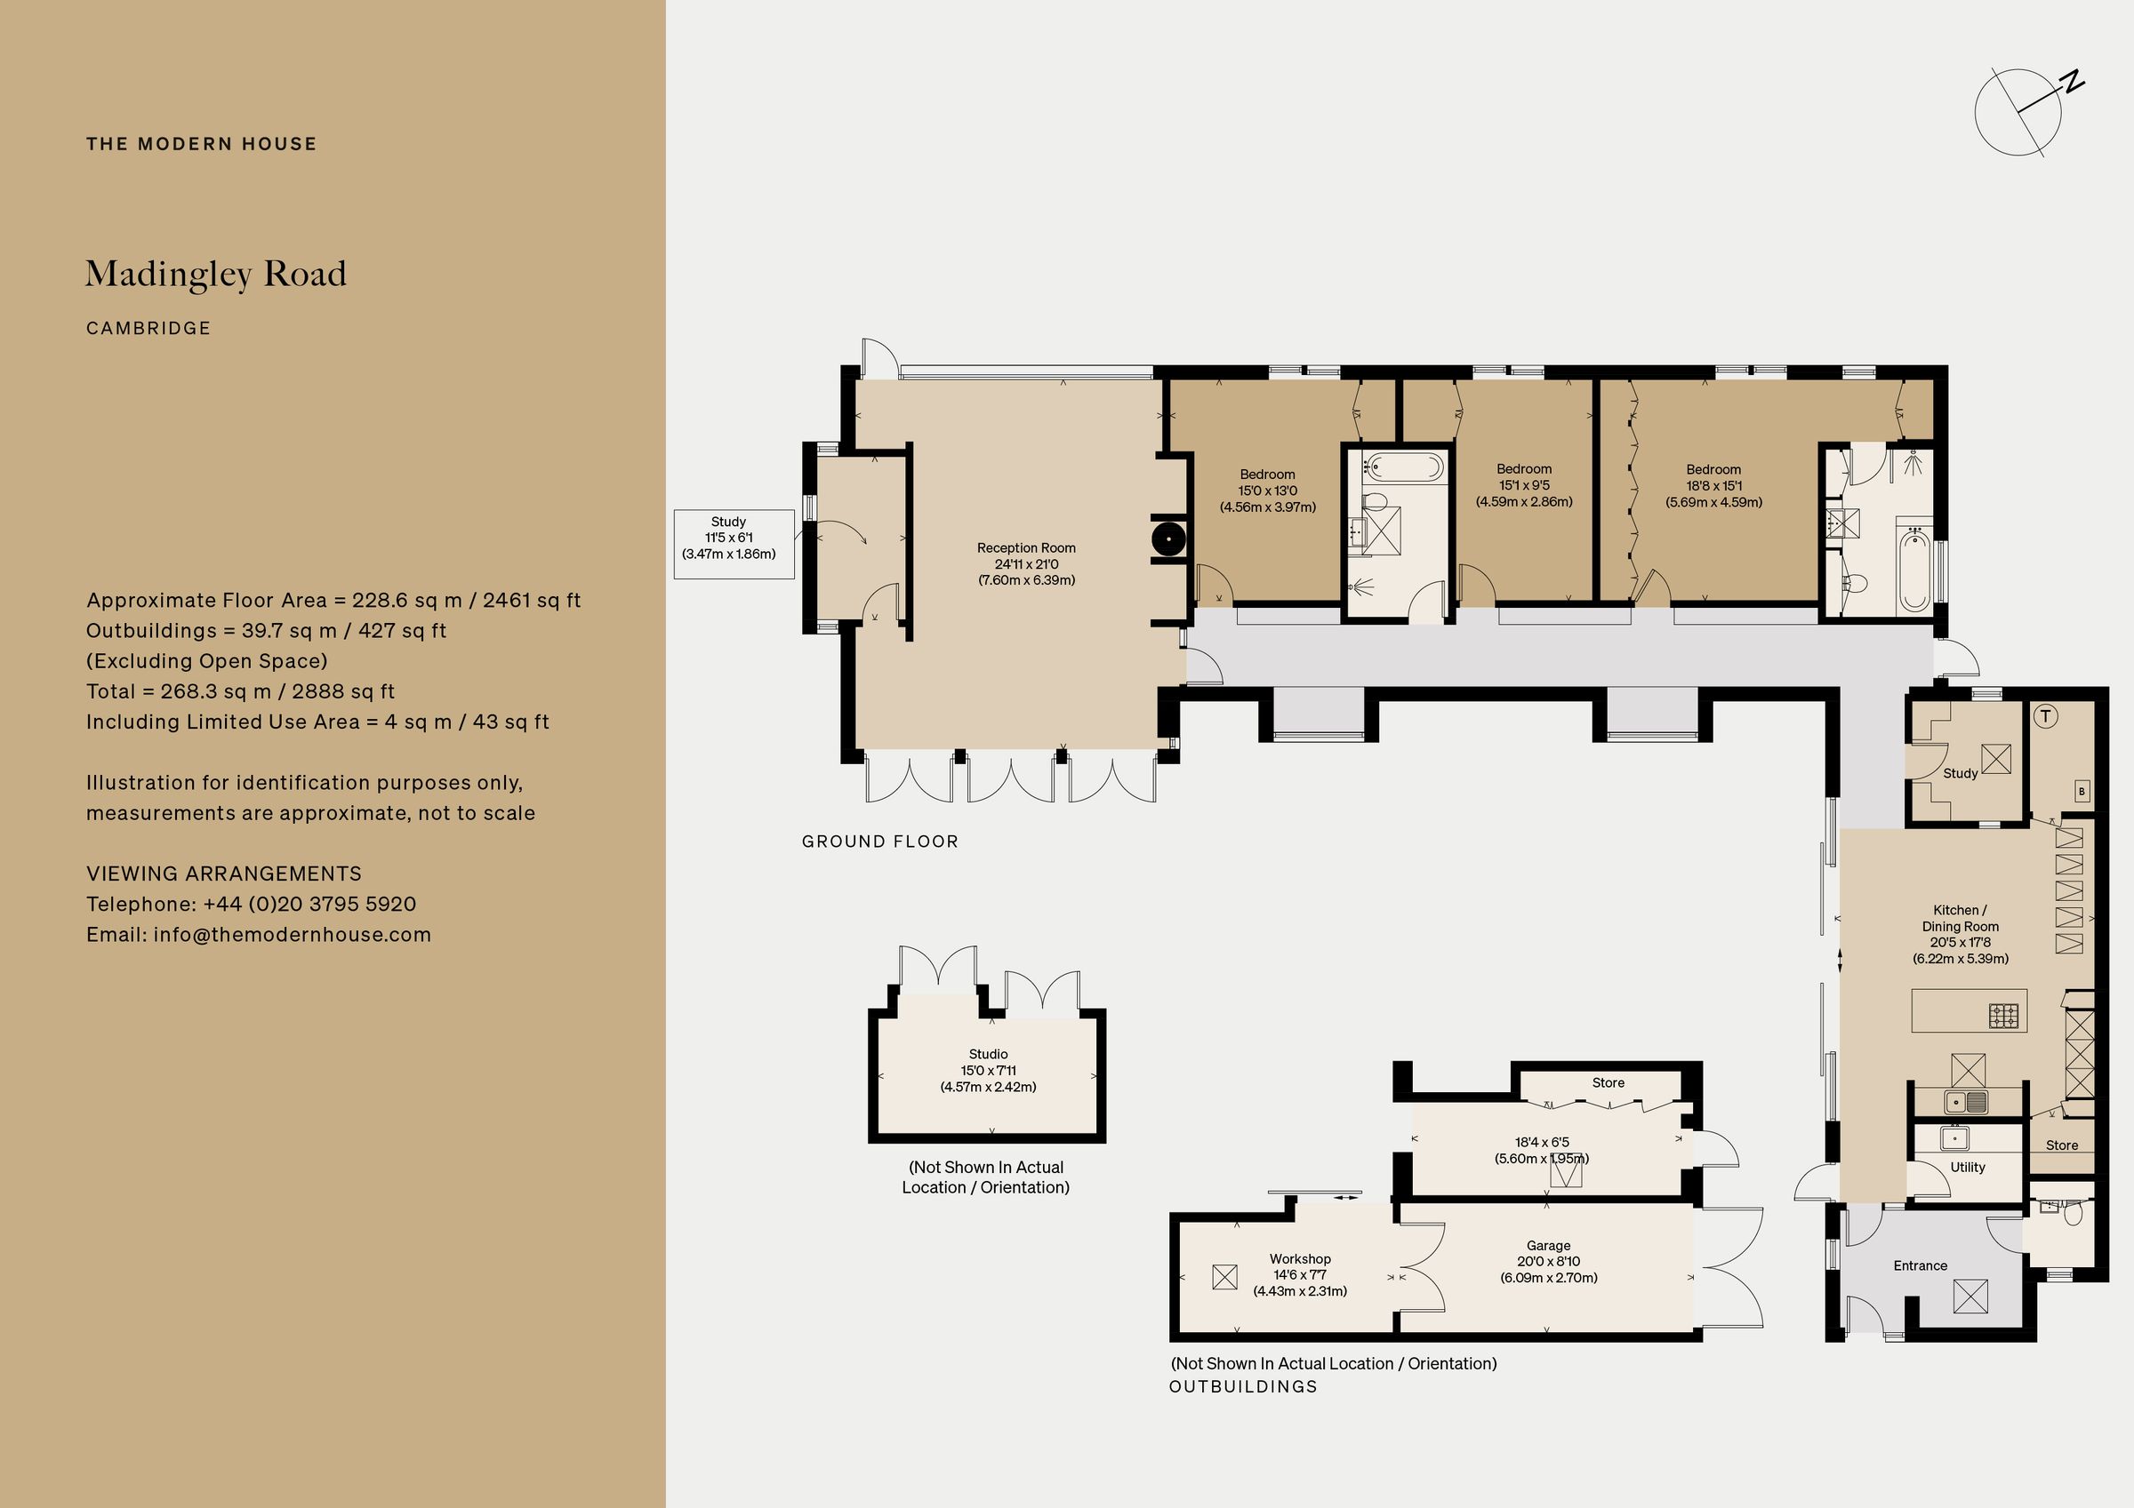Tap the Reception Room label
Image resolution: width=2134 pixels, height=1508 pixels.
tap(1026, 548)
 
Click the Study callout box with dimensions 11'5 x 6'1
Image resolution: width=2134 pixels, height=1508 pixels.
tap(734, 544)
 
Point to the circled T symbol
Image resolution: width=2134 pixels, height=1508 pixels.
tap(2046, 716)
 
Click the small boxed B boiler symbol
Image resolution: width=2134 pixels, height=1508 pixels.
tap(2082, 791)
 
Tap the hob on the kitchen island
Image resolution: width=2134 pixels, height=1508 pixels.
tap(2004, 1016)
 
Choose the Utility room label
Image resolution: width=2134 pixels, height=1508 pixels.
tap(1968, 1167)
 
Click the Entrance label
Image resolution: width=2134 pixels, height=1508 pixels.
tap(1921, 1265)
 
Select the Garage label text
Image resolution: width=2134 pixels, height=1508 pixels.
tap(1548, 1245)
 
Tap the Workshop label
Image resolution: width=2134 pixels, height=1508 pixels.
tap(1300, 1259)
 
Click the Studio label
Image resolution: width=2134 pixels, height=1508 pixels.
tap(988, 1054)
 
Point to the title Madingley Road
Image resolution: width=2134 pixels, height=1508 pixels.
tap(216, 274)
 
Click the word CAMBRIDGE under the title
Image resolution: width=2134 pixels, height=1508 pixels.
tap(148, 328)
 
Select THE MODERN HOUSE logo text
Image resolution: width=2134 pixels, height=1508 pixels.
tap(202, 144)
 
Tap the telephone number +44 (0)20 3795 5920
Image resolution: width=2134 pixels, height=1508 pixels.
tap(309, 904)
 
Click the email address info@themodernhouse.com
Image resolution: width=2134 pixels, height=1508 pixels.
tap(292, 935)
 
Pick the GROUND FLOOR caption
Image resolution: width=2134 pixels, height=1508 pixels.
tap(880, 842)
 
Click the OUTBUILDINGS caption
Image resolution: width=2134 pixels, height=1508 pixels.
tap(1243, 1386)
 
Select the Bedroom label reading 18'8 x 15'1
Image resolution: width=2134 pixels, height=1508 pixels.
tap(1714, 486)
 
